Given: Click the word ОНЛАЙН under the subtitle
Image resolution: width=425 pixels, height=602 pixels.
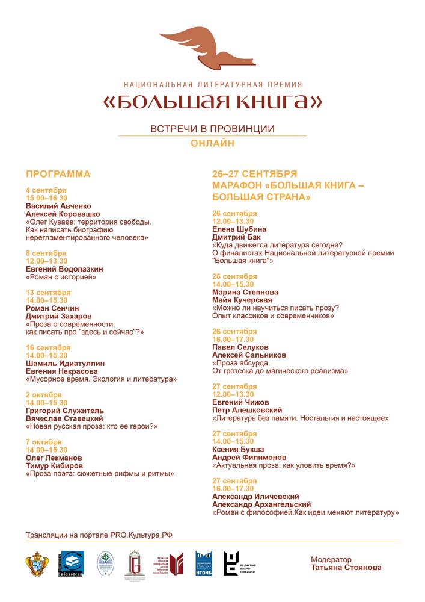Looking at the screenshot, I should coord(212,143).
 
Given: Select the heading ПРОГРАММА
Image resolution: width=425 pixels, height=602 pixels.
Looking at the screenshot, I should coord(58,175).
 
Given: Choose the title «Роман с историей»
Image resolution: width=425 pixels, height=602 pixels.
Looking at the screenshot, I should coord(61,278).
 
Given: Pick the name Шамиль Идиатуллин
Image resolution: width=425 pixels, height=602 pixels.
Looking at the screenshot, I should coord(65,364).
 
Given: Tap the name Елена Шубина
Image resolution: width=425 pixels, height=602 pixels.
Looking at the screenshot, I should coord(239,229).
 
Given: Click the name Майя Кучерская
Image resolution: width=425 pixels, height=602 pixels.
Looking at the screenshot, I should coord(242,300).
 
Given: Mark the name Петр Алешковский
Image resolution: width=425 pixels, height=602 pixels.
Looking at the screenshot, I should coord(249,410).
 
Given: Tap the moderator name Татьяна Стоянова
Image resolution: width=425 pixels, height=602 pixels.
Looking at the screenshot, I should coord(346,568).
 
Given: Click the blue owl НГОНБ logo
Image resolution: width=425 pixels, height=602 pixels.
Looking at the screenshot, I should coord(203,564).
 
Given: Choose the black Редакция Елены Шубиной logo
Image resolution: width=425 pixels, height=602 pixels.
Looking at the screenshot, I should coord(240,564).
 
